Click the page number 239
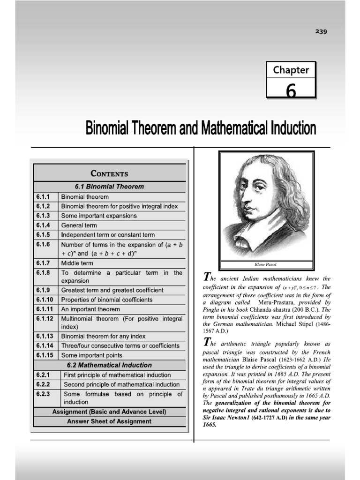click(x=321, y=32)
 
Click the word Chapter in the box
click(x=291, y=70)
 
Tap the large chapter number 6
click(x=291, y=90)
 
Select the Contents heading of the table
click(x=109, y=173)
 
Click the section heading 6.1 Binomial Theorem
click(x=110, y=186)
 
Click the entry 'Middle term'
click(x=77, y=263)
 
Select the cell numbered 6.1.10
click(x=45, y=300)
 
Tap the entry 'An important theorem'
click(x=90, y=309)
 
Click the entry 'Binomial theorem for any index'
click(x=104, y=336)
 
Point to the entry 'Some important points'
click(x=92, y=355)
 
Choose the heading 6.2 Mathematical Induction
click(x=110, y=365)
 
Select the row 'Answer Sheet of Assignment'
click(x=109, y=421)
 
